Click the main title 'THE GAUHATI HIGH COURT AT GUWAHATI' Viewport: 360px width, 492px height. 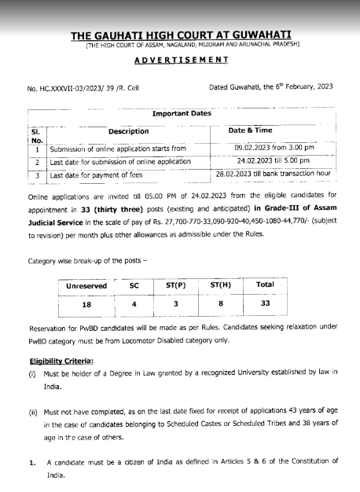180,36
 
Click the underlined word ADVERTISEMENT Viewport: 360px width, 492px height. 180,61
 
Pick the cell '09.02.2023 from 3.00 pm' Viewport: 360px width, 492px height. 274,146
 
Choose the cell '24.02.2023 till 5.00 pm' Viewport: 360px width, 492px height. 274,160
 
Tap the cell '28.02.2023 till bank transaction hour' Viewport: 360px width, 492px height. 274,174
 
